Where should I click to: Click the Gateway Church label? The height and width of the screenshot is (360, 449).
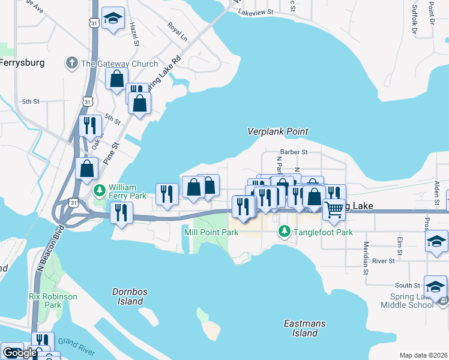(x=119, y=64)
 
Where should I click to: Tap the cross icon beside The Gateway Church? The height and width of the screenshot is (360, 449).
(x=71, y=63)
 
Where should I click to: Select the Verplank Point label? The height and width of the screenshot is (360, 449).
(x=278, y=131)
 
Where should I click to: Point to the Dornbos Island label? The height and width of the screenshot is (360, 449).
(x=130, y=296)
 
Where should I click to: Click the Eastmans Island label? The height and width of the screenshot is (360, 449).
(x=305, y=328)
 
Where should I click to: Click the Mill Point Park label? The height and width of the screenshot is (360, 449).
(x=211, y=232)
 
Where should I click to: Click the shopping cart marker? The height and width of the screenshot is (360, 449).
(x=334, y=209)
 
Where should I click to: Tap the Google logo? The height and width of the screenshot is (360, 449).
(x=20, y=353)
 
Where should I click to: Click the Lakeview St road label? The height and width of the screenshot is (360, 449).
(x=255, y=11)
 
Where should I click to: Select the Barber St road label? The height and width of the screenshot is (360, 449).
(x=294, y=153)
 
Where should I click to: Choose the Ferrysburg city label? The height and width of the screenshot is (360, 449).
(x=22, y=62)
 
